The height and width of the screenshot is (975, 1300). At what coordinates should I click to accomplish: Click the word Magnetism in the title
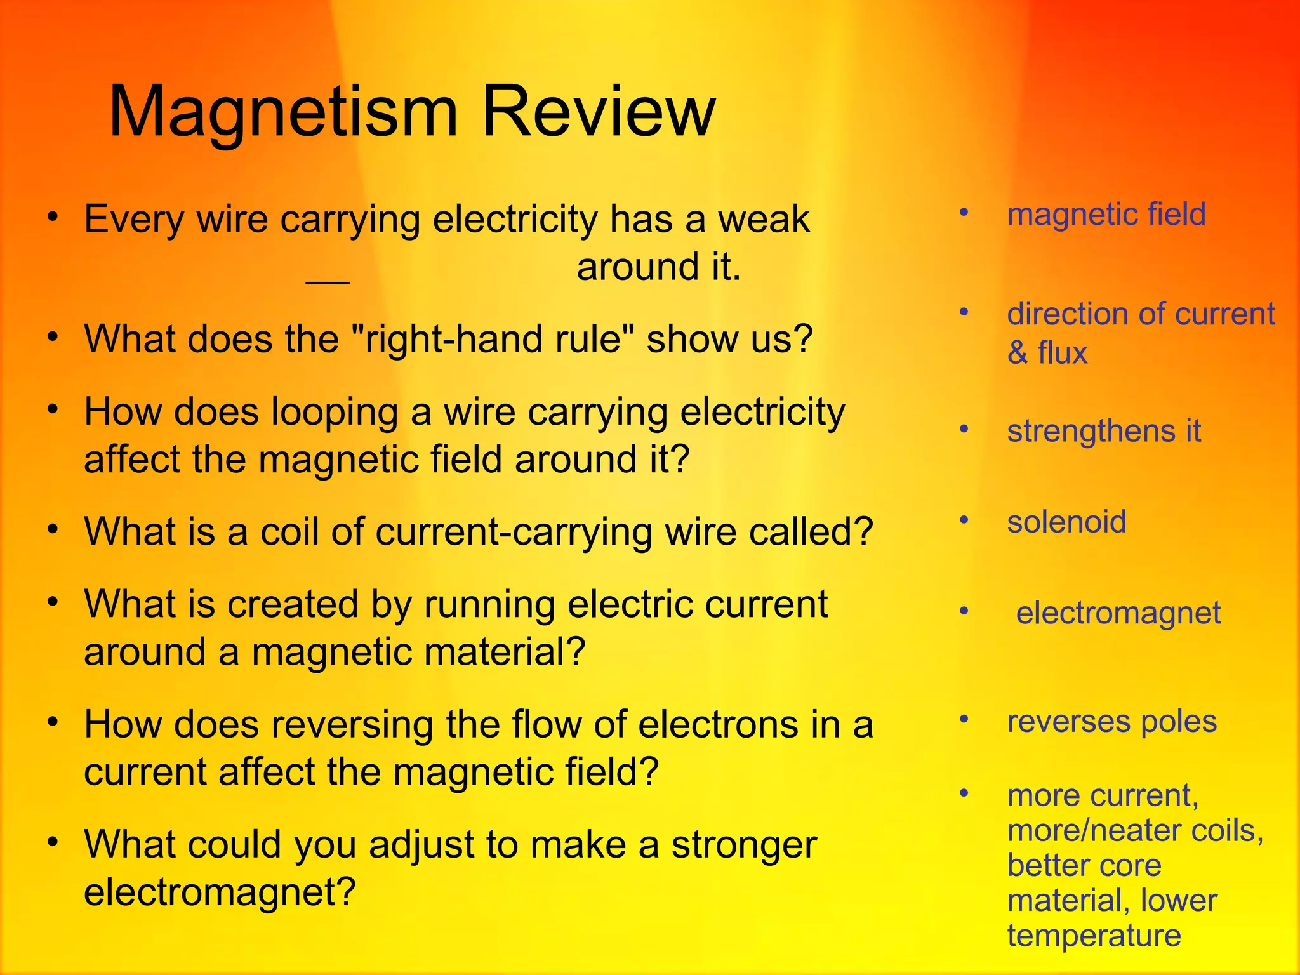click(283, 112)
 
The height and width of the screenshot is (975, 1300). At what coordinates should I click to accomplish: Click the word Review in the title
click(599, 112)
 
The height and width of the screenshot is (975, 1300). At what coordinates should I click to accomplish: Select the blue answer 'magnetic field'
click(1106, 214)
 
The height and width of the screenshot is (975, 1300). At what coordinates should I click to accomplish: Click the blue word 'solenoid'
click(1066, 522)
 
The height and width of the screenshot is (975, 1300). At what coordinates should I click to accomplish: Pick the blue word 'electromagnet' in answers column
click(1118, 613)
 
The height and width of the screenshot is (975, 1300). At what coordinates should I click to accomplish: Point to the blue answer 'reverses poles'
click(1111, 722)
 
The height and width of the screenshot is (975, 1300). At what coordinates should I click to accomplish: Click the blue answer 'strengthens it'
click(1104, 431)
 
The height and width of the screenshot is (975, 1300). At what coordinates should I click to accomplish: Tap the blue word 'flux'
click(1062, 353)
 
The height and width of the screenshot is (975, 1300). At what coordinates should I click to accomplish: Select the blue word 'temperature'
click(1094, 936)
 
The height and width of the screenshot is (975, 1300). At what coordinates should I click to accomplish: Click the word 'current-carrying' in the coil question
click(514, 532)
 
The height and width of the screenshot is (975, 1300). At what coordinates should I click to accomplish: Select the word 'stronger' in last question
click(743, 846)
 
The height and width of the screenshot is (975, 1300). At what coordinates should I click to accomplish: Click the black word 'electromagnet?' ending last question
click(220, 892)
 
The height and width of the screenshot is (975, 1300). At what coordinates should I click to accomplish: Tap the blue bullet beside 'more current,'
click(964, 793)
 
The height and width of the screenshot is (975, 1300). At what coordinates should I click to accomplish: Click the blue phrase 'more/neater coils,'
click(1135, 830)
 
